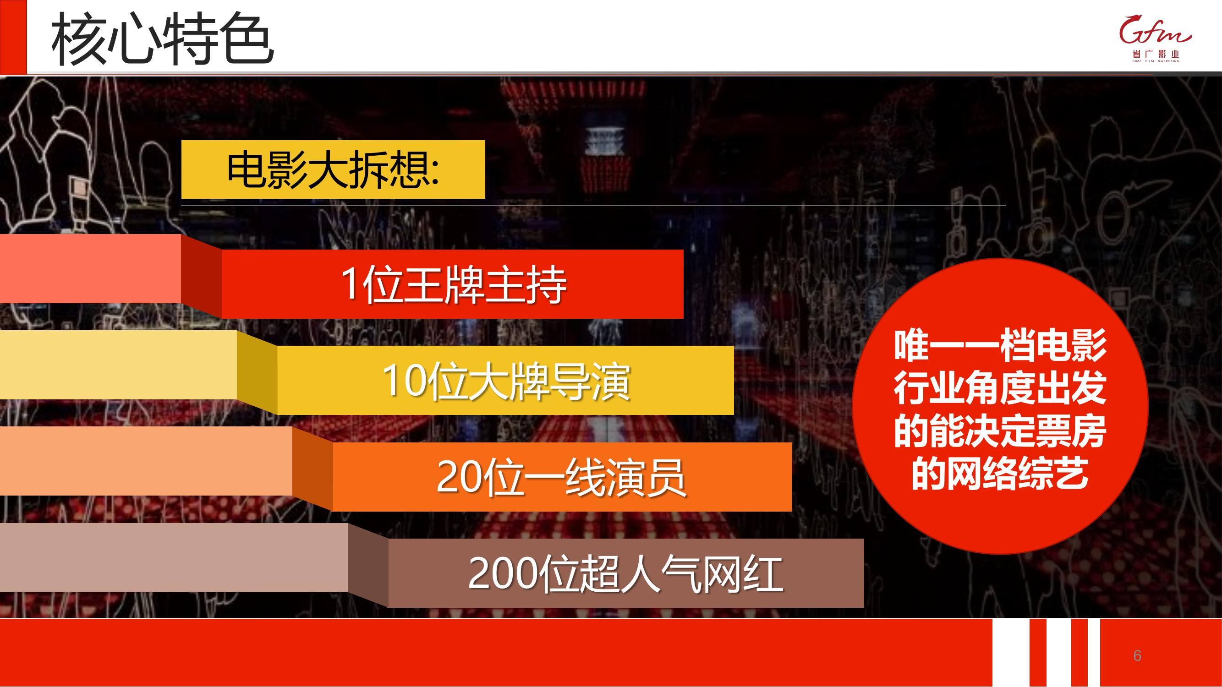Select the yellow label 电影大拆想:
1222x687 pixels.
pos(333,169)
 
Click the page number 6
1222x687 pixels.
pos(1137,655)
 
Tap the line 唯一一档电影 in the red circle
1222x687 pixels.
pos(1000,346)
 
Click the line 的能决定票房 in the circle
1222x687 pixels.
pos(1000,431)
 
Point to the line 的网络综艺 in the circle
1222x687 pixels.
pos(1000,474)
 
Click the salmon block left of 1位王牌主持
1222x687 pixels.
pos(91,269)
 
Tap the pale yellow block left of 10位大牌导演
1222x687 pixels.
pos(119,365)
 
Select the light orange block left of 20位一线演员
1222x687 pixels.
pos(146,461)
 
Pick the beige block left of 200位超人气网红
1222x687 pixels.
pos(174,557)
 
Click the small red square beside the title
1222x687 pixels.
pos(13,37)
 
